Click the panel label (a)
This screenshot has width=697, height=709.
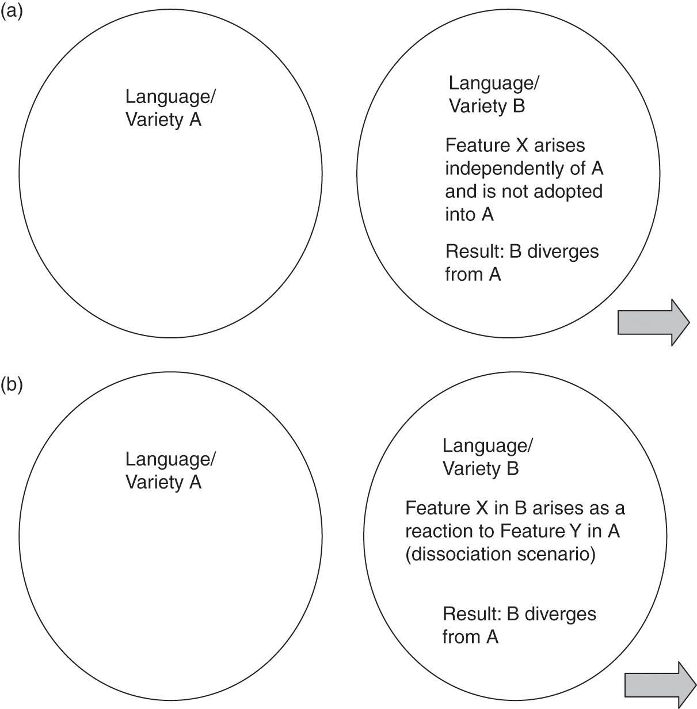[x=12, y=12]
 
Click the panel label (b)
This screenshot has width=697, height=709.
[x=12, y=384]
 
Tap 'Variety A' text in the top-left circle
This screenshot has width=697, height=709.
[x=163, y=120]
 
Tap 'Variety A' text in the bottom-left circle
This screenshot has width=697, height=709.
[x=163, y=482]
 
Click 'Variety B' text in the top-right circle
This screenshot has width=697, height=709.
[x=486, y=106]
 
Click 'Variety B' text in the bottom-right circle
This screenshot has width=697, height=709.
[x=480, y=468]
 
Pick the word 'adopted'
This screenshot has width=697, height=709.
[x=570, y=191]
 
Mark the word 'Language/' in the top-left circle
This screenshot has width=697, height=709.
[x=170, y=97]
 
